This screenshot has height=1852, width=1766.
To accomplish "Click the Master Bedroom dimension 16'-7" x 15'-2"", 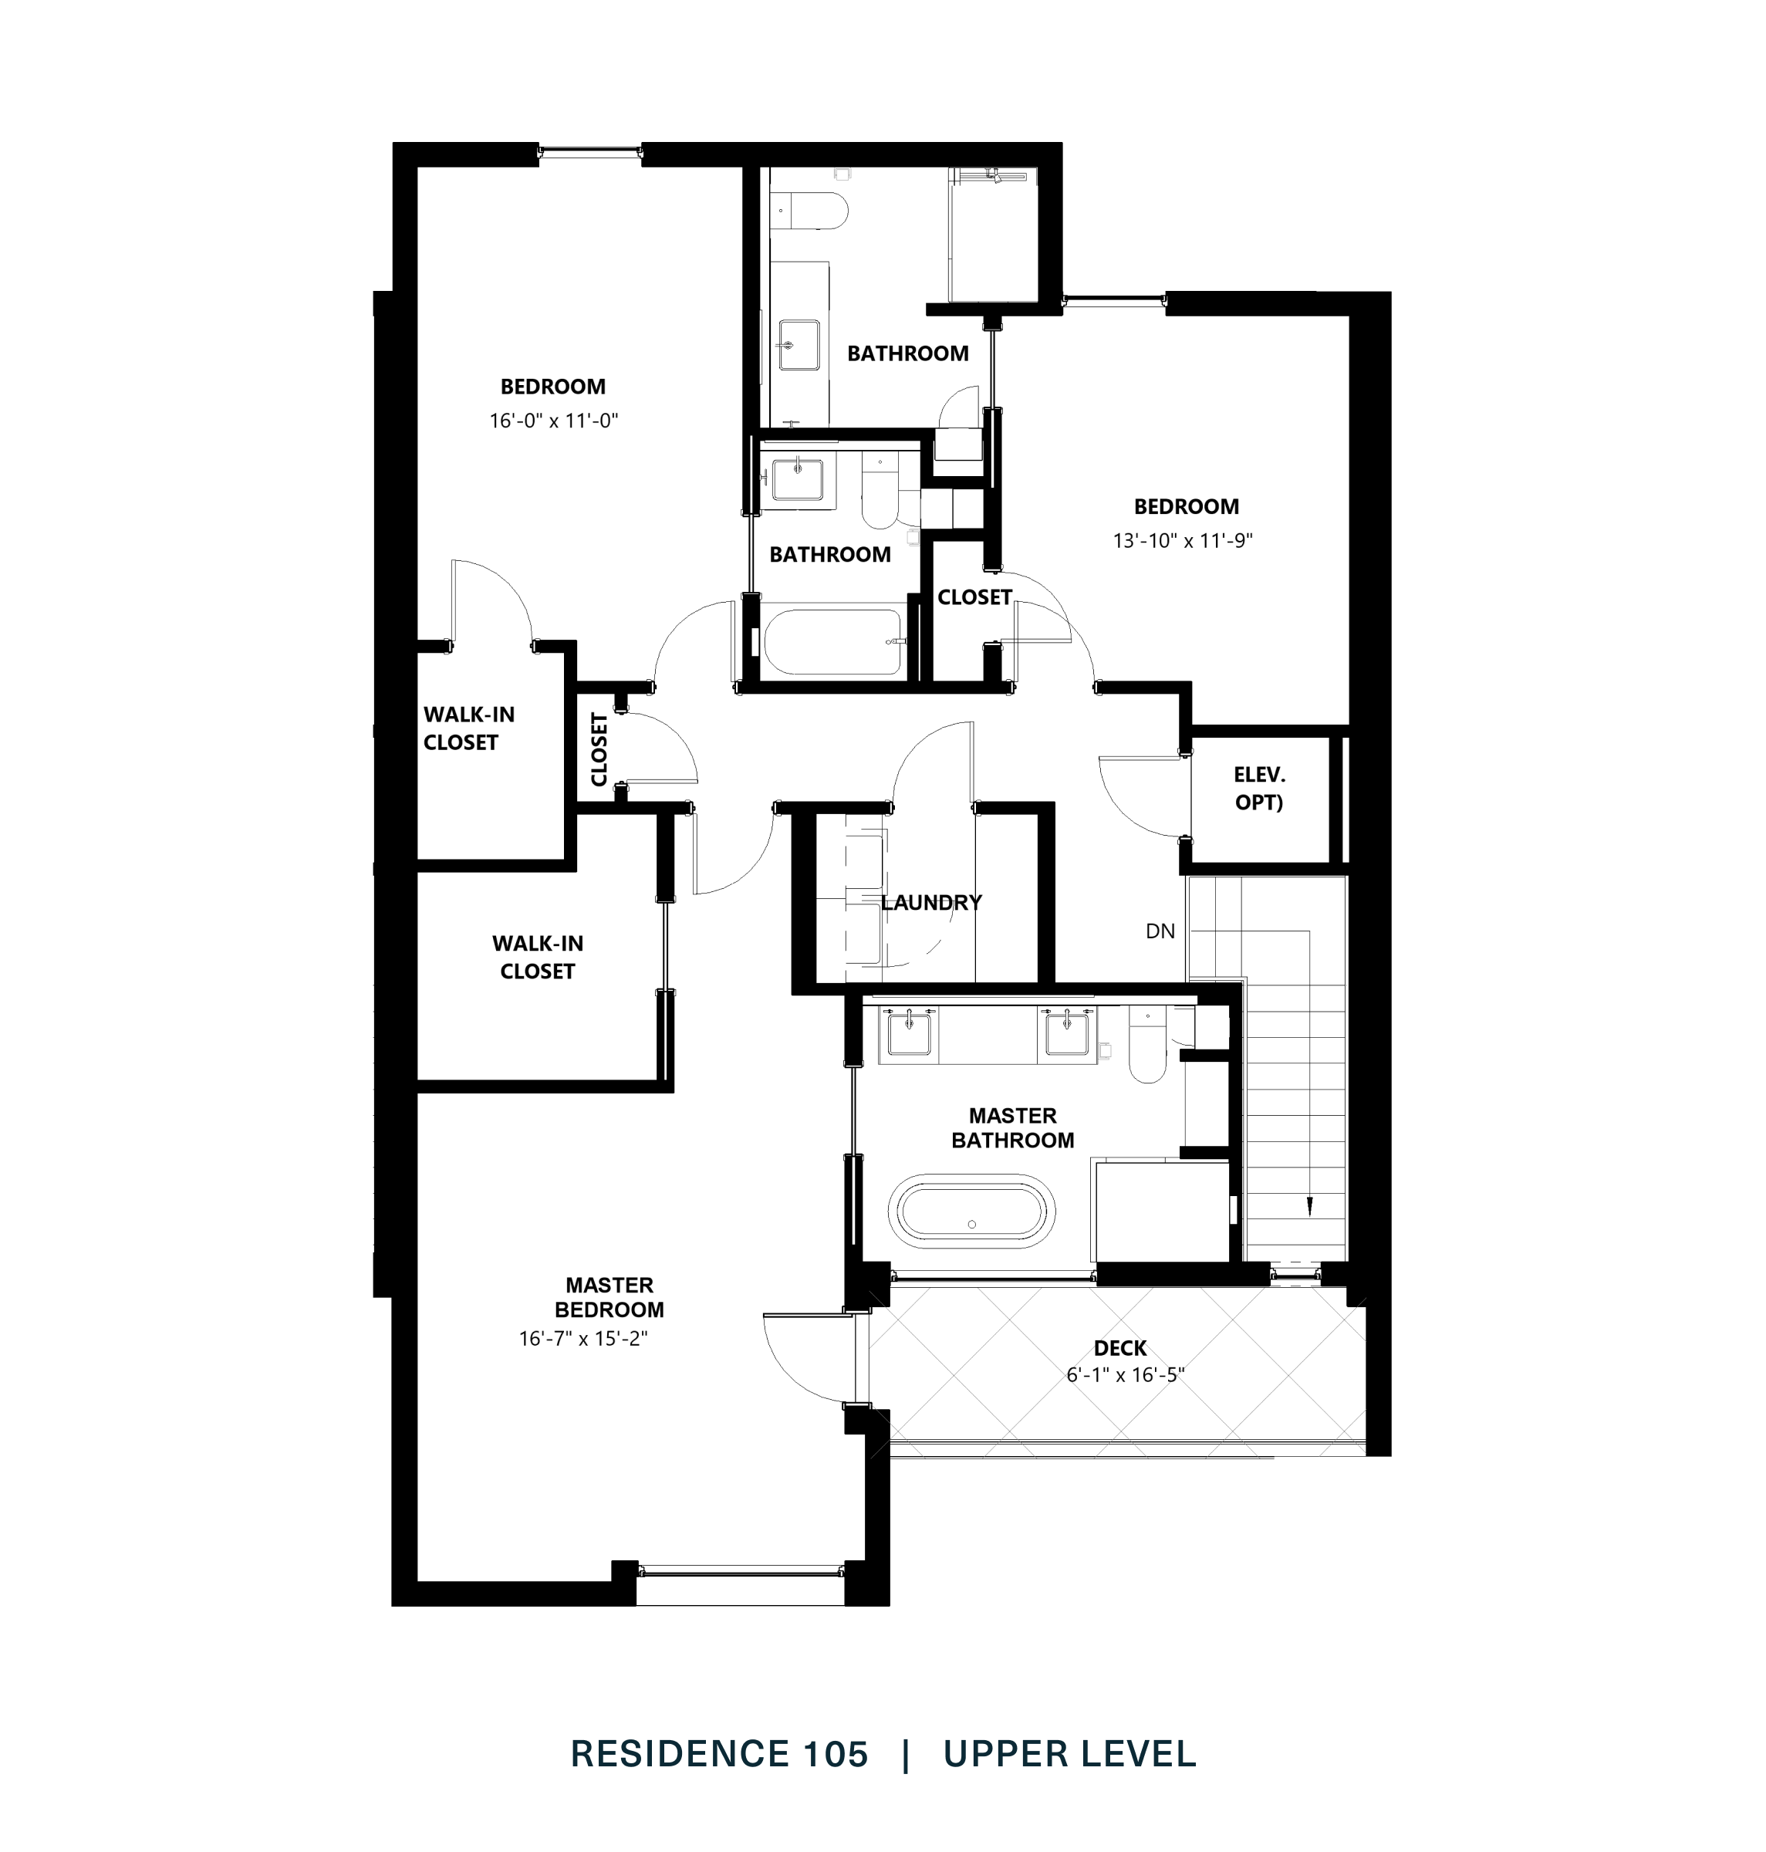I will [x=582, y=1338].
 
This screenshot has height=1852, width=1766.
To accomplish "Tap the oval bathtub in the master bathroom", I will [x=971, y=1211].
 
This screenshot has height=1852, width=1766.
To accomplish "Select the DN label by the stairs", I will [x=1160, y=931].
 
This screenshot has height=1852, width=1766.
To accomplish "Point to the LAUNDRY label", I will [x=931, y=903].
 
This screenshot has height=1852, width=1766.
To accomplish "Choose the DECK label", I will [x=1120, y=1348].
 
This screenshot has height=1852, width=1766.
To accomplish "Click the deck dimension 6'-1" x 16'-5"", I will [x=1125, y=1374].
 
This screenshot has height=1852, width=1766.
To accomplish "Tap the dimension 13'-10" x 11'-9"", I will [x=1183, y=540].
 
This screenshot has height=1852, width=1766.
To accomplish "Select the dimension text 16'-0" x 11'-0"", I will [x=552, y=420].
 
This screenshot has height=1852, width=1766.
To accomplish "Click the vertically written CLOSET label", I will [x=599, y=749].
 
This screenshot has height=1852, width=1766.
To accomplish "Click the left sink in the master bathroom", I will [x=910, y=1032].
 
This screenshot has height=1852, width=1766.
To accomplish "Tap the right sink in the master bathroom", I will [x=1068, y=1032].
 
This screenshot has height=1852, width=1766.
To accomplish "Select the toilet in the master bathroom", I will [x=1147, y=1047].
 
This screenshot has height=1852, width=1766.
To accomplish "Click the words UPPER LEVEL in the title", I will [x=1069, y=1753].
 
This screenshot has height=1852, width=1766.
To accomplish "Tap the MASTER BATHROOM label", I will [x=1012, y=1128].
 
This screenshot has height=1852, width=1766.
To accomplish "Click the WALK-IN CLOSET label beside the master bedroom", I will [x=538, y=957].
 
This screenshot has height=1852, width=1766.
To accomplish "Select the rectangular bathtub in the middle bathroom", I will [x=833, y=642].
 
